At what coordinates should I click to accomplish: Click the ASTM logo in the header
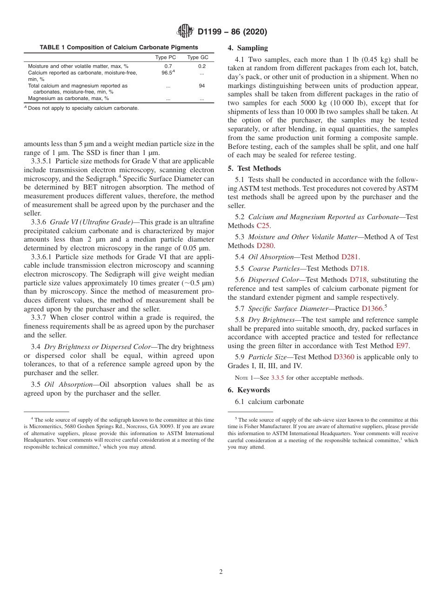185,32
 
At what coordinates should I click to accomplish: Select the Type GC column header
198,57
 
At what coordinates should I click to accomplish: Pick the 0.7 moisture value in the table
168,67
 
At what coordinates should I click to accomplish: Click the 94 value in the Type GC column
201,86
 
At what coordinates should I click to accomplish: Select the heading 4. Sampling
248,48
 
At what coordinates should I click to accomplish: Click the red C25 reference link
263,226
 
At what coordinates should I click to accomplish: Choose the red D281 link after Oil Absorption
350,257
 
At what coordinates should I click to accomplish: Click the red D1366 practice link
372,309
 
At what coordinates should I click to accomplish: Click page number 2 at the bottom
221,572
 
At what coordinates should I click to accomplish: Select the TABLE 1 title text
119,47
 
